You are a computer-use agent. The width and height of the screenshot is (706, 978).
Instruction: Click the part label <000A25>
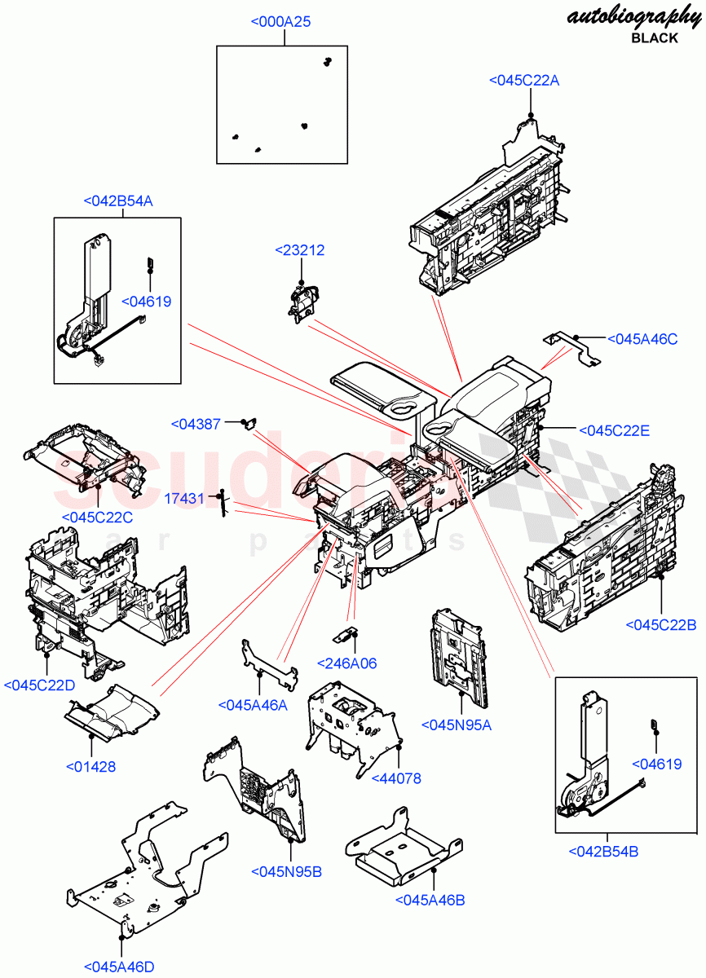(280, 22)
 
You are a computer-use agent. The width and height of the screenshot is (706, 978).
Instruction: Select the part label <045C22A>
(524, 80)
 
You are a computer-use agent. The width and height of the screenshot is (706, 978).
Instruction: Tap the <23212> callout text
(299, 250)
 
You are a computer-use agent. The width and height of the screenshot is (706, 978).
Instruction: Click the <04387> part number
(196, 424)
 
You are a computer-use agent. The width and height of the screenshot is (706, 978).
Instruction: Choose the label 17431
(184, 497)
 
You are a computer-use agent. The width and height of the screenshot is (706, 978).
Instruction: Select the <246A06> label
(346, 663)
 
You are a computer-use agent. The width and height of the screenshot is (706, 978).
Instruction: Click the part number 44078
(397, 778)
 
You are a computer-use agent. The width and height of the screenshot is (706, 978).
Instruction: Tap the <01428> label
(90, 766)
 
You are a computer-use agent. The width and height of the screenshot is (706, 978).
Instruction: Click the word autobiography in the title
(633, 17)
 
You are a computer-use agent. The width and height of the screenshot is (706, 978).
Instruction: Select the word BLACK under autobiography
(654, 38)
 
